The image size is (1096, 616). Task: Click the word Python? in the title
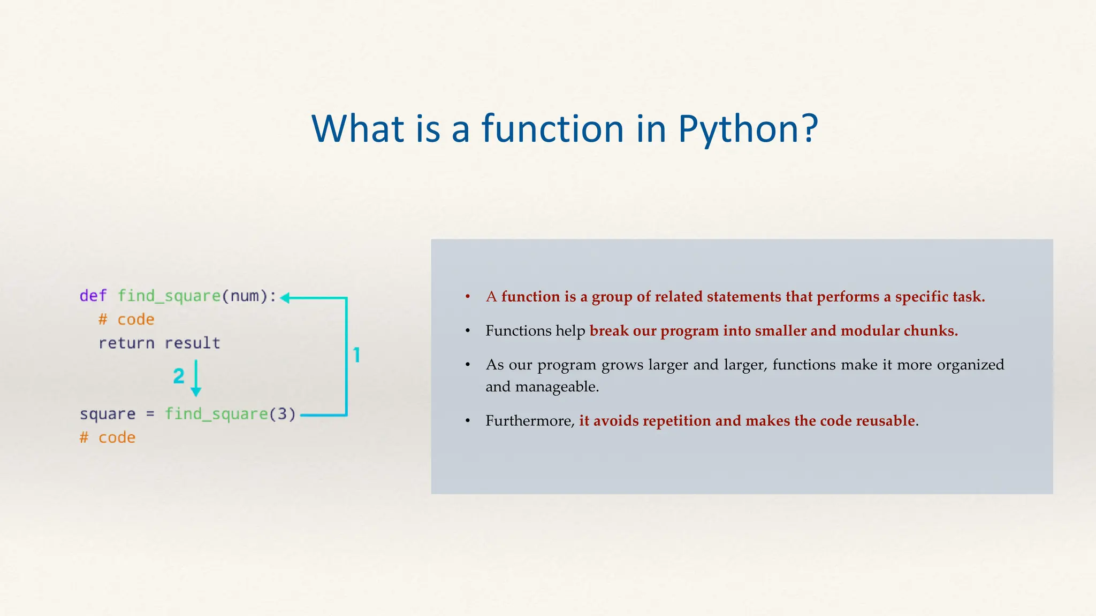[x=748, y=129]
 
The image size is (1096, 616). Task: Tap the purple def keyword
[x=93, y=296]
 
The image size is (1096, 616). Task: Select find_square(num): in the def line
[x=197, y=296]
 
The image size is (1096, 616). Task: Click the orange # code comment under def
[x=126, y=319]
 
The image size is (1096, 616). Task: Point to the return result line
[x=159, y=343]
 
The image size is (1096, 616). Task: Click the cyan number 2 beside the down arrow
[x=179, y=376]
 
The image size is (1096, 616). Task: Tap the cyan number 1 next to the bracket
[x=357, y=355]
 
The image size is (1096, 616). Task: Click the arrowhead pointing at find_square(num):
[x=285, y=298]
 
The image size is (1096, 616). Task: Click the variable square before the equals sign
[x=108, y=414]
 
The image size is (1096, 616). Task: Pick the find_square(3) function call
[x=230, y=414]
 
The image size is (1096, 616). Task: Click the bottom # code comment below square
[x=108, y=437]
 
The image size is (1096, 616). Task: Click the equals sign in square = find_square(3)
[x=150, y=414]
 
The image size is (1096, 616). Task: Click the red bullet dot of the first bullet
[x=468, y=296]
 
